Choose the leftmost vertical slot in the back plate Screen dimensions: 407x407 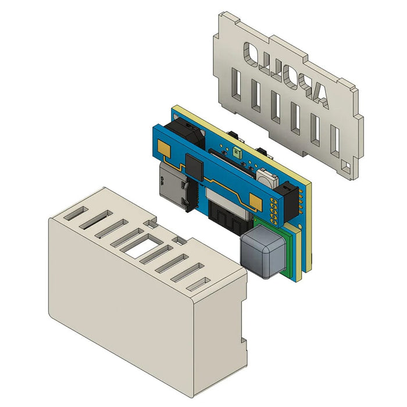pyautogui.click(x=236, y=83)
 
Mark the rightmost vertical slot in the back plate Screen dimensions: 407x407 pyautogui.click(x=334, y=137)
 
